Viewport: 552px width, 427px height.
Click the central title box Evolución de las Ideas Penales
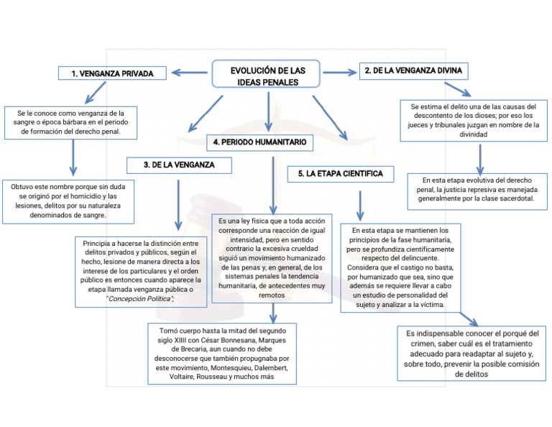267,76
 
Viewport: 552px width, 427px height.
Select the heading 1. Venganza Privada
111,73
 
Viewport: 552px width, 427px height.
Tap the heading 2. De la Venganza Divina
413,70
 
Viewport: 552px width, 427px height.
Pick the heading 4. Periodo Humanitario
259,143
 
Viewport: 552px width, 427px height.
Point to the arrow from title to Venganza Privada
190,71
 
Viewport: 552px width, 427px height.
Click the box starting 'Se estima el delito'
479,120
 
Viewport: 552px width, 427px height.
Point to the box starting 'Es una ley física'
272,257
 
